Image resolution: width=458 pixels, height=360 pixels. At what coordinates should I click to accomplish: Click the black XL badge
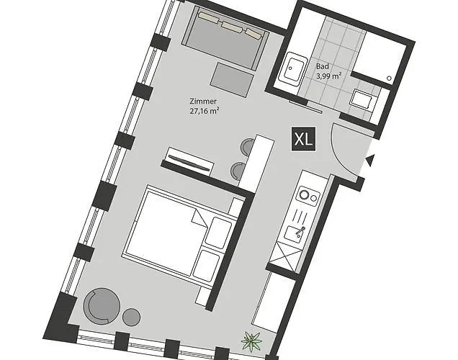point(302,139)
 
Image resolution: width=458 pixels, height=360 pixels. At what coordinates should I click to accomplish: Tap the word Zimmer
point(203,102)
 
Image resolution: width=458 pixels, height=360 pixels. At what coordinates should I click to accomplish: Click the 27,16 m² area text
point(204,111)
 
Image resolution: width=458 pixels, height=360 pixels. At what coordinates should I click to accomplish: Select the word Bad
point(322,66)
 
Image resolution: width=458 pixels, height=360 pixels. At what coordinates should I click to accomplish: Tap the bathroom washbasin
point(292,70)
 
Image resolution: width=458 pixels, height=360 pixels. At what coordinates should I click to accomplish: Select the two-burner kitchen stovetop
point(310,194)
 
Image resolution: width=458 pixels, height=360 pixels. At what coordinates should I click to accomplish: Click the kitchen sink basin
point(295,233)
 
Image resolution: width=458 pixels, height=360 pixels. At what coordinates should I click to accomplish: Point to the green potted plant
point(253,338)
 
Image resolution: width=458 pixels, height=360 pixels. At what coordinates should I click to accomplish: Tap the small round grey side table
point(131,316)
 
